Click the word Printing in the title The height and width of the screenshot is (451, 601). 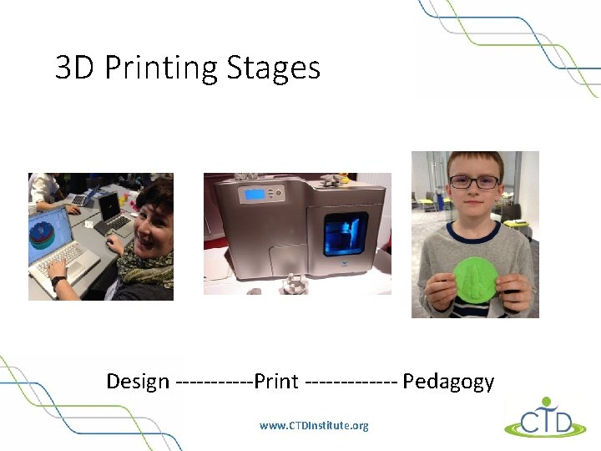[x=163, y=68]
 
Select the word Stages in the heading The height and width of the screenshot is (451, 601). [x=275, y=68]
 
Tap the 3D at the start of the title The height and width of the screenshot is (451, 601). [x=76, y=68]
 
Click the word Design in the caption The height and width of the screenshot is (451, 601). [x=138, y=382]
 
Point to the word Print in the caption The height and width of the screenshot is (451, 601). [x=275, y=382]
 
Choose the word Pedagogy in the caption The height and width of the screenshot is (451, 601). [x=448, y=382]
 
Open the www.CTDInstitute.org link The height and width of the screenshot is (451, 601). [x=314, y=426]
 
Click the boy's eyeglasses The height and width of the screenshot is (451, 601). [x=474, y=181]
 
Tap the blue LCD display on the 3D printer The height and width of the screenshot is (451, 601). [x=255, y=195]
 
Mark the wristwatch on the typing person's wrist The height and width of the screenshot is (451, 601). [x=58, y=282]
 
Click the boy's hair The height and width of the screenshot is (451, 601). [x=474, y=161]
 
